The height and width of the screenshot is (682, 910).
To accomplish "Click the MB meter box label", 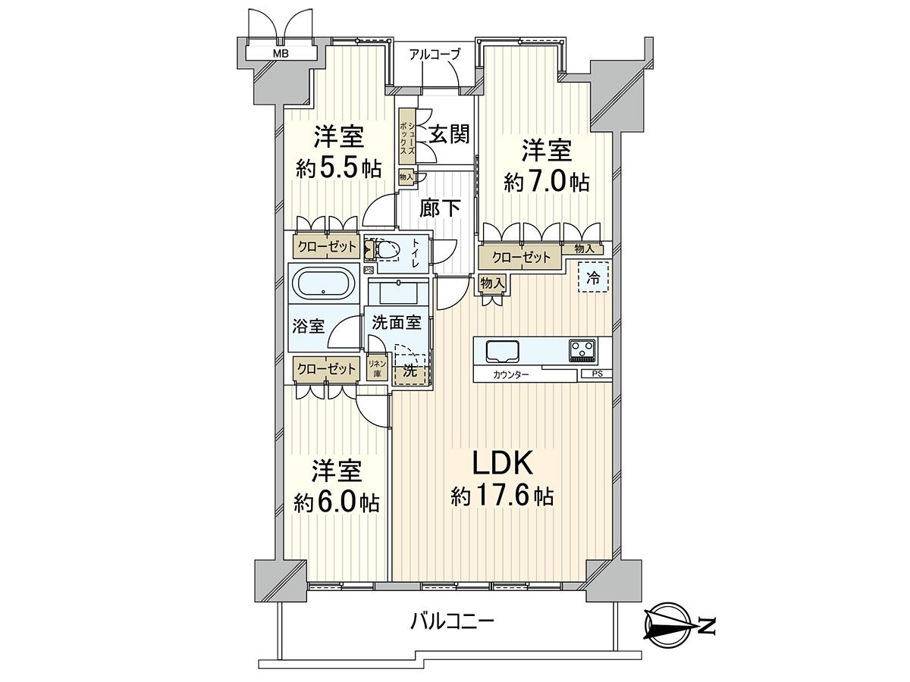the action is [281, 53].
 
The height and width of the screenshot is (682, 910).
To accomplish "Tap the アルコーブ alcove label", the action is [434, 55].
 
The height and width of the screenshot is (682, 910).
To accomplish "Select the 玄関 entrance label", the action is [449, 134].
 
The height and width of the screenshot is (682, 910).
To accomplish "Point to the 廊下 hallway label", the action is [440, 208].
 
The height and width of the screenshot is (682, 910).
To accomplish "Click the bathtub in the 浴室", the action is [324, 283].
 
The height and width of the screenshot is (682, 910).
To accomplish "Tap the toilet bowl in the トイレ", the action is [388, 250].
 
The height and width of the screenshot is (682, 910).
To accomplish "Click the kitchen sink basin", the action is [503, 351].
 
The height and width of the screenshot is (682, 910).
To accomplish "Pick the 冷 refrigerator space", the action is [593, 278].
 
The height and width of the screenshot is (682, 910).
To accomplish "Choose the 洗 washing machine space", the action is [410, 371].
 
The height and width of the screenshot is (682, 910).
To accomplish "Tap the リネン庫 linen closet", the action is [378, 368].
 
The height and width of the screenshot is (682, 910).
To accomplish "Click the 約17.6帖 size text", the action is [502, 495].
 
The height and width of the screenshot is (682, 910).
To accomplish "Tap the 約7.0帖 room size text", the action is [547, 181].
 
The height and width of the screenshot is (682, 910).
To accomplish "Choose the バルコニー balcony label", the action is [452, 634].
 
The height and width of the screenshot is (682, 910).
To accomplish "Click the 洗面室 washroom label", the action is [397, 323].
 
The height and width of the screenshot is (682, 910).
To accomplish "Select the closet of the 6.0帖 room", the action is [326, 368].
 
